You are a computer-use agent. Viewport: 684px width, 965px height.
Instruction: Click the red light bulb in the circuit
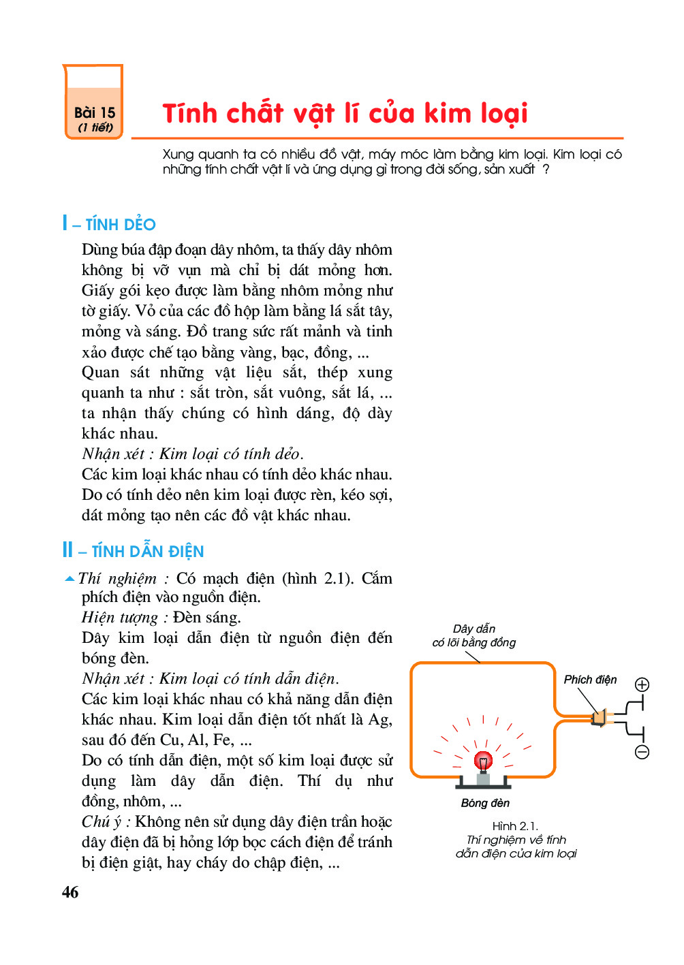483,760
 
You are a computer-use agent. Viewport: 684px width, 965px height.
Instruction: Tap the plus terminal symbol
642,684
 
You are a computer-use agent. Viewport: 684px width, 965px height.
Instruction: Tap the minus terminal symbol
642,752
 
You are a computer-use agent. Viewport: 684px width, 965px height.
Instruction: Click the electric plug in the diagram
600,718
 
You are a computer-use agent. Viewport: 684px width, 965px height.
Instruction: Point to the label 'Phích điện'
590,680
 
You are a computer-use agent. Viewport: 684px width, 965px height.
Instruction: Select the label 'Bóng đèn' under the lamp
485,803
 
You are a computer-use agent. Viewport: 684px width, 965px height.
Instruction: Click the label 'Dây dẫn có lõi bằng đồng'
474,635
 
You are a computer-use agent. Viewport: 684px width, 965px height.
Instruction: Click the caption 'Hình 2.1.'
515,826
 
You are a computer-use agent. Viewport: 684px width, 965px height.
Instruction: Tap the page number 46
70,892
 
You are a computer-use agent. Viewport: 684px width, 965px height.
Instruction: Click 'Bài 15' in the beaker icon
95,112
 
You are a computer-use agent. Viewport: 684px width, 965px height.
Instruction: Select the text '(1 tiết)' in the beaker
95,127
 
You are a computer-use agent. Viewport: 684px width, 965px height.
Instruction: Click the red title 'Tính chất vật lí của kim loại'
345,114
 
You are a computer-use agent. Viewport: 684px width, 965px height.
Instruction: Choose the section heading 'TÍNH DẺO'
121,225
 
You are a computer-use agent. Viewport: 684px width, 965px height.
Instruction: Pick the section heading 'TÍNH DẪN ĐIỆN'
148,552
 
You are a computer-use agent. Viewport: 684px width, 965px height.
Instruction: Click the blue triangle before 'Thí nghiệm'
69,579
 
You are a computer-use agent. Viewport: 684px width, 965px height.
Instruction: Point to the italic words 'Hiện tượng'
120,618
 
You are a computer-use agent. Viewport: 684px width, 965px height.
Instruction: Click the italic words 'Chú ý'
102,822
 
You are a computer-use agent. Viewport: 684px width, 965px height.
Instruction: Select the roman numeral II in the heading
67,550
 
